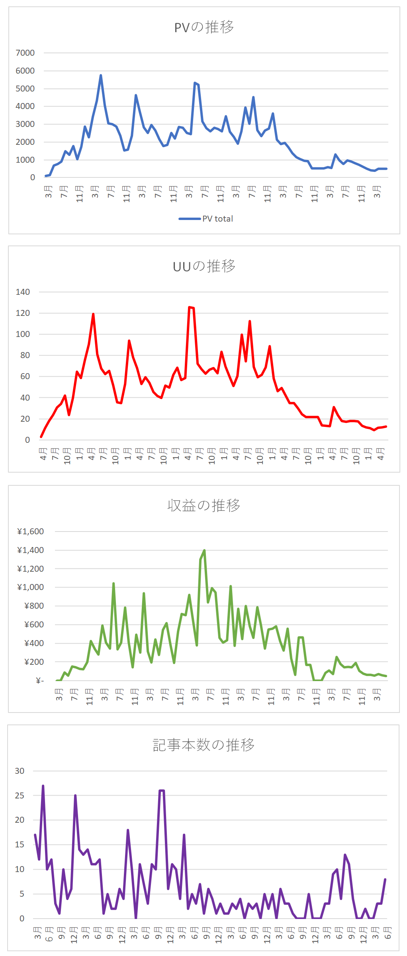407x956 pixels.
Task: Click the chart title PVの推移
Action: tap(204, 27)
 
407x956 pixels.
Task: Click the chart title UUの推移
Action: tap(204, 266)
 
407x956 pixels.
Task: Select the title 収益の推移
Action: tap(203, 505)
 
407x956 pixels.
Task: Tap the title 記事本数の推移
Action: tap(203, 745)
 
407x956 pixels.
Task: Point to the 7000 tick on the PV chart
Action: tap(25, 53)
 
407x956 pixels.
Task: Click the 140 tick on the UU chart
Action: tap(23, 292)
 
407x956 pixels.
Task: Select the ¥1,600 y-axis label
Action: tap(30, 532)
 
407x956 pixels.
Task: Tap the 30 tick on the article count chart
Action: tap(20, 771)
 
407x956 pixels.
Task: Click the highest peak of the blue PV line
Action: tap(101, 75)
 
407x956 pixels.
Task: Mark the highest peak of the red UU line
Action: tap(190, 307)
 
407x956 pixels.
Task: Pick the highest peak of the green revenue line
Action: tap(204, 550)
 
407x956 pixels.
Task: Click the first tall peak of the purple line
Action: tap(43, 786)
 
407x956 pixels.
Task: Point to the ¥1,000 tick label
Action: tap(30, 587)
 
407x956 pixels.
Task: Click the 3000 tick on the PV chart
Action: tap(25, 124)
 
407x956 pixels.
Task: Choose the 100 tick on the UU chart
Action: tap(23, 334)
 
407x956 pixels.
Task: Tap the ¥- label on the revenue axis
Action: tap(39, 681)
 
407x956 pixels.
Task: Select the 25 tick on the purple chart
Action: tap(20, 796)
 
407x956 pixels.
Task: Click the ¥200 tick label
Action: tap(34, 662)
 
